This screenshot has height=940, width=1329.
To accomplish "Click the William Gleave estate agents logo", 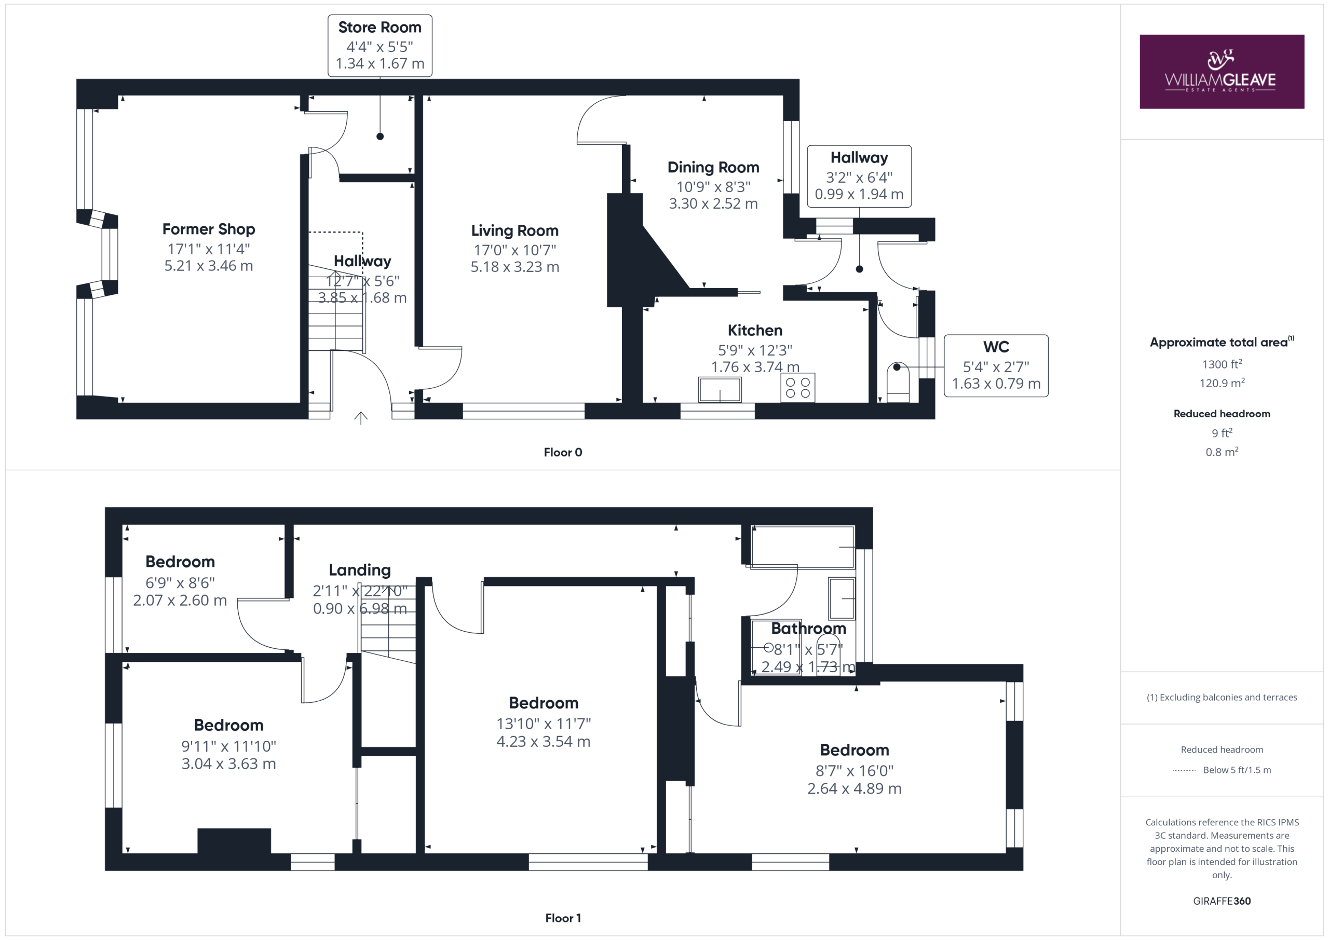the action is click(1222, 72).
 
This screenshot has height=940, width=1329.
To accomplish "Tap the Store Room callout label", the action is click(379, 27).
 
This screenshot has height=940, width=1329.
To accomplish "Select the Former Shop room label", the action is click(208, 229).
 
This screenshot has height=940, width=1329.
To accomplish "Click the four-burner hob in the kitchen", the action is click(797, 387).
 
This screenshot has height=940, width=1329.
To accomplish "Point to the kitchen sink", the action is click(720, 389).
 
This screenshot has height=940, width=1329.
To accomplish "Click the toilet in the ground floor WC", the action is click(898, 382).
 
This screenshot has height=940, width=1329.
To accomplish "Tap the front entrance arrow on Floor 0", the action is click(361, 418).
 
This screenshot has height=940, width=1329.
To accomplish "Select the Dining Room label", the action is click(713, 167).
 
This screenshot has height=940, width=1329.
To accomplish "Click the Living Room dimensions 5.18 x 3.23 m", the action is click(514, 267).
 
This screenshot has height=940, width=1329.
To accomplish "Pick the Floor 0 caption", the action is click(563, 453).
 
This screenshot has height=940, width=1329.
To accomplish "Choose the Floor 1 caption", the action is click(563, 918).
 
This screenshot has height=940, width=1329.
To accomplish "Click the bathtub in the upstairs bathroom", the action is click(802, 547).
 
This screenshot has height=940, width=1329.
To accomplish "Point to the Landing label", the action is click(359, 570).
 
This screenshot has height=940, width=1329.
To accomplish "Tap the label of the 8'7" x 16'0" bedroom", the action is click(855, 750).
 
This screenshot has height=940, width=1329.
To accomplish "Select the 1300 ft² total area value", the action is click(1222, 364).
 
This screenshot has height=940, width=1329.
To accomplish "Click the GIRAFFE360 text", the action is click(1222, 901).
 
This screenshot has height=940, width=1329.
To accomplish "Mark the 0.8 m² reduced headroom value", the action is click(1222, 452).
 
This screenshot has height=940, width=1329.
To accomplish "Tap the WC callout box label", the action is click(996, 347).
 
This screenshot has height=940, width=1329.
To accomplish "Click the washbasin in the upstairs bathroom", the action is click(842, 598).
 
